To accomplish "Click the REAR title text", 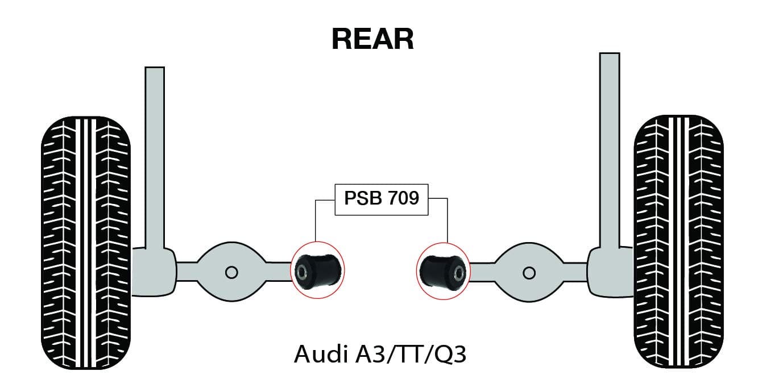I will click(372, 39).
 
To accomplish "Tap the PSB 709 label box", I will click(381, 199).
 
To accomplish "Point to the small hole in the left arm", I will click(231, 272).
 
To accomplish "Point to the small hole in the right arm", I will click(529, 273).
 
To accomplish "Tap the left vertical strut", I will click(155, 153).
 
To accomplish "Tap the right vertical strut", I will click(610, 148).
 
